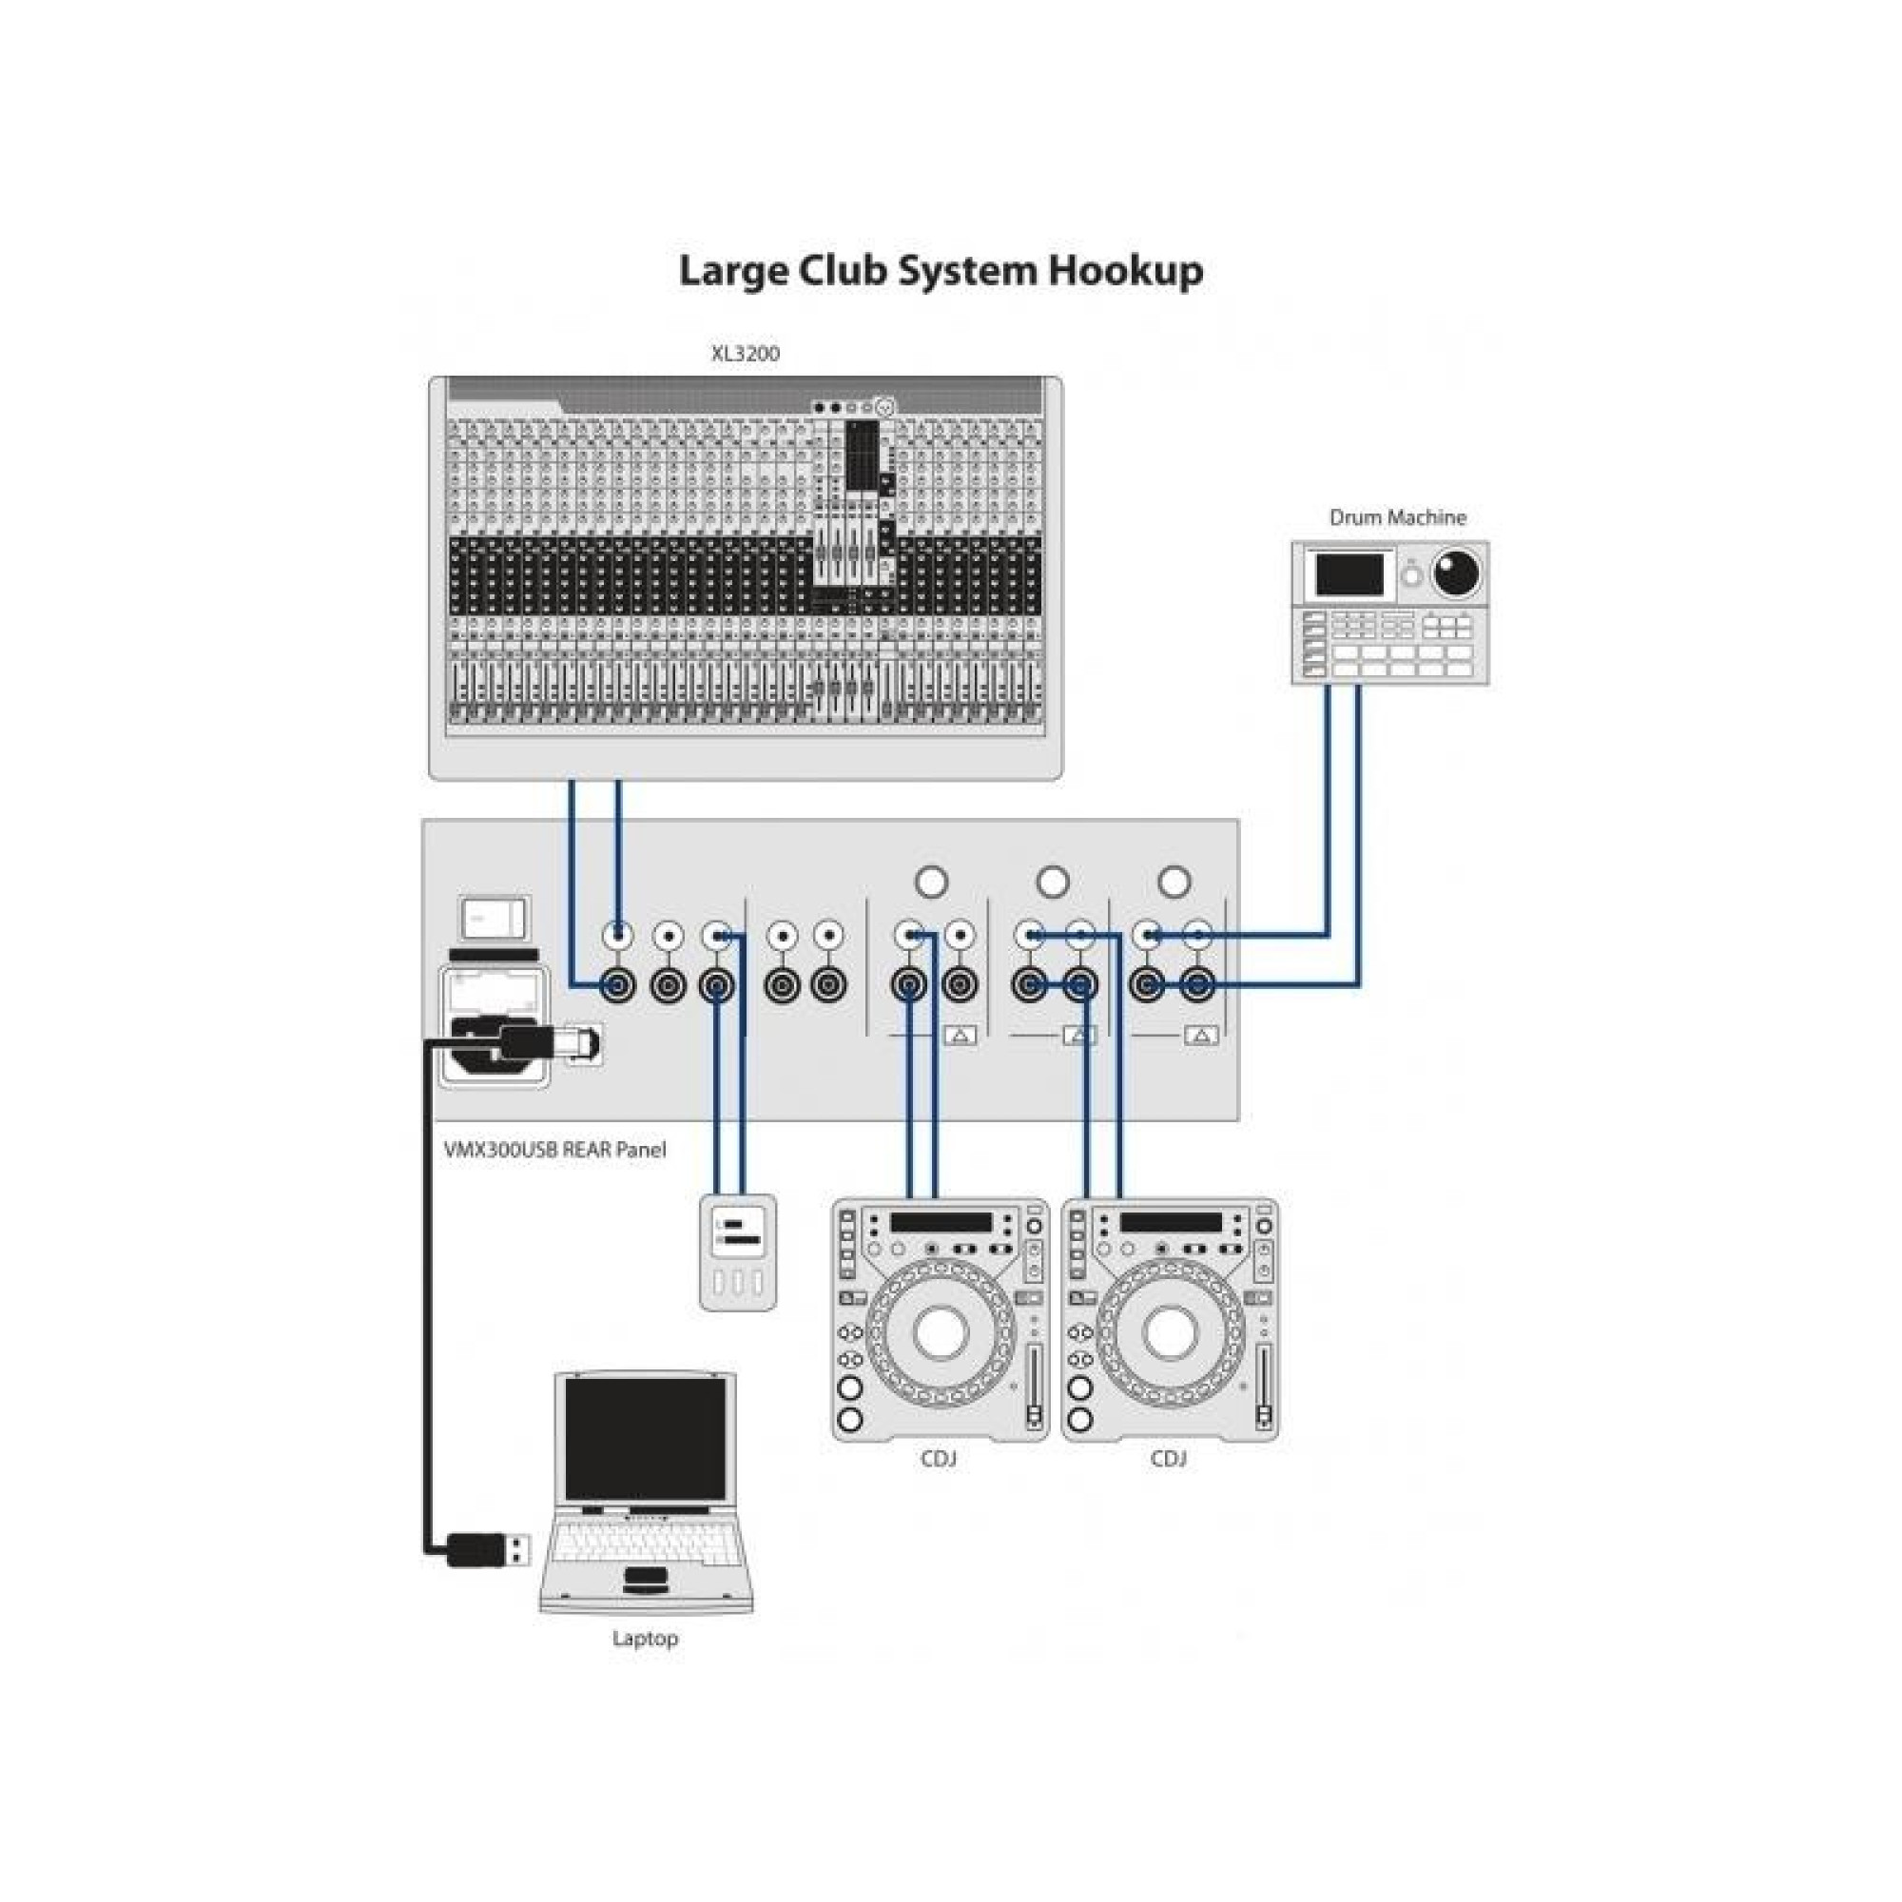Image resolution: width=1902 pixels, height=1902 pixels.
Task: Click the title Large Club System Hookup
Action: click(x=941, y=271)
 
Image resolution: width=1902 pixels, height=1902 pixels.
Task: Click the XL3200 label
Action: click(x=746, y=354)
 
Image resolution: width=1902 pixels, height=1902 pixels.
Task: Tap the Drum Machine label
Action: click(x=1397, y=516)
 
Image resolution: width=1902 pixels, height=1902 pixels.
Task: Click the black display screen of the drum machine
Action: click(x=1349, y=574)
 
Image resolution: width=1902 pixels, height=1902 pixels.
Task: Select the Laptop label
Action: click(x=645, y=1639)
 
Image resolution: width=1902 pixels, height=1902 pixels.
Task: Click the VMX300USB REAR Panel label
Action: click(x=554, y=1149)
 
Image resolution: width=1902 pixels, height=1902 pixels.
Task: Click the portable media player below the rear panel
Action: click(x=737, y=1252)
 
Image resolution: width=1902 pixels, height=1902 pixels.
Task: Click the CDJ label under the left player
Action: click(x=939, y=1458)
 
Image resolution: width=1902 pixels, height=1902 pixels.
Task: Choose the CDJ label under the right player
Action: click(x=1168, y=1458)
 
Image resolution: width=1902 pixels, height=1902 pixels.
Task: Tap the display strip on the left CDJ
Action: click(x=941, y=1223)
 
